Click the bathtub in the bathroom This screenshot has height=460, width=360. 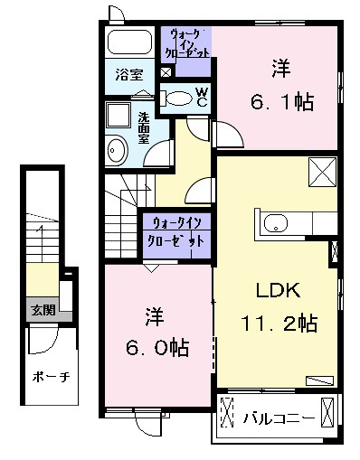pyautogui.click(x=129, y=42)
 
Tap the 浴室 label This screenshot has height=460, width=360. pyautogui.click(x=129, y=75)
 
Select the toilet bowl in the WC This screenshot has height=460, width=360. pyautogui.click(x=178, y=99)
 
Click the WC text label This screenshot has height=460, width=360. pyautogui.click(x=203, y=97)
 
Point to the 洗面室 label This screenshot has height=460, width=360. pyautogui.click(x=144, y=128)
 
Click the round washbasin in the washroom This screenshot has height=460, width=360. pyautogui.click(x=117, y=149)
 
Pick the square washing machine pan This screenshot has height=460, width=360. pyautogui.click(x=118, y=115)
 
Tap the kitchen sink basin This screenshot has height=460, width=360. pyautogui.click(x=276, y=224)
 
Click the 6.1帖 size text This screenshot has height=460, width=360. pyautogui.click(x=282, y=101)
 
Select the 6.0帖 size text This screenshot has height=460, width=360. pyautogui.click(x=157, y=348)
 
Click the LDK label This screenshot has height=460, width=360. pyautogui.click(x=278, y=290)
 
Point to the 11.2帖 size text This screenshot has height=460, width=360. pyautogui.click(x=279, y=324)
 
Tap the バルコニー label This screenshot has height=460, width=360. pyautogui.click(x=279, y=418)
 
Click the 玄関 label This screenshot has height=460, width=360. pyautogui.click(x=43, y=310)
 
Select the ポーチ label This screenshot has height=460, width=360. pyautogui.click(x=52, y=377)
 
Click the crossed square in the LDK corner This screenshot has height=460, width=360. pyautogui.click(x=322, y=172)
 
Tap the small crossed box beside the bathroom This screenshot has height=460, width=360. pyautogui.click(x=166, y=72)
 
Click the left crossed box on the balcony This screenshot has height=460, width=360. pyautogui.click(x=227, y=413)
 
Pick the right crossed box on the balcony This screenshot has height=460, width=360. pyautogui.click(x=327, y=413)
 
